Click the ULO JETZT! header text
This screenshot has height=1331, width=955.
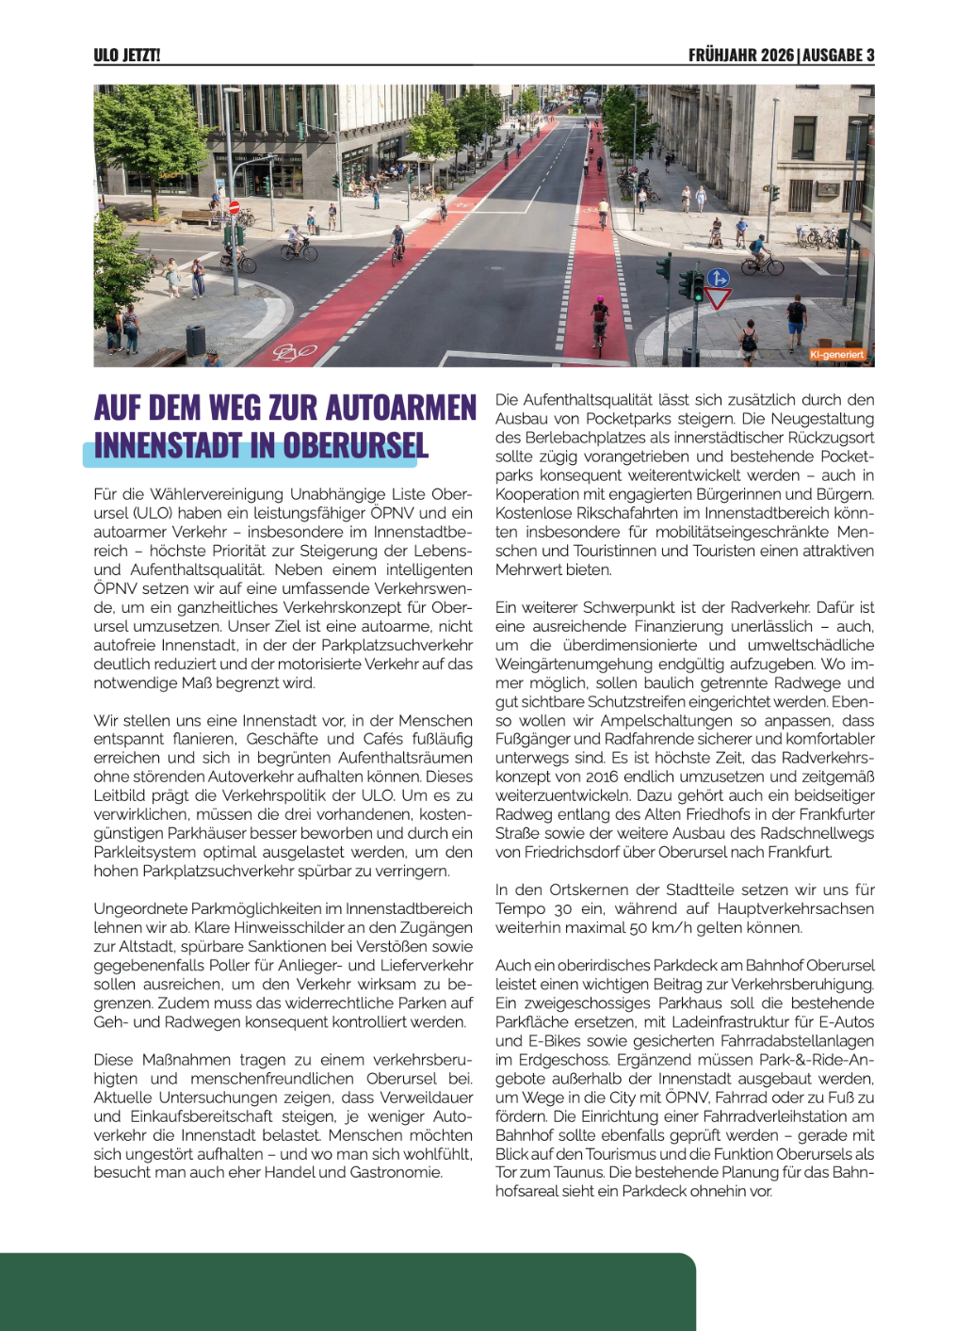click(127, 56)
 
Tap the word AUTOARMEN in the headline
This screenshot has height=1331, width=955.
click(401, 409)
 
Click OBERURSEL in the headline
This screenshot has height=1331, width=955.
click(356, 445)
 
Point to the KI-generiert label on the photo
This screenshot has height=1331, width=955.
click(836, 355)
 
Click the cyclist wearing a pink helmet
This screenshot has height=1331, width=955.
click(599, 318)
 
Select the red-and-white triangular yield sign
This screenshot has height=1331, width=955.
click(719, 299)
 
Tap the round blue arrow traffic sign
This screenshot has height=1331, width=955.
click(719, 278)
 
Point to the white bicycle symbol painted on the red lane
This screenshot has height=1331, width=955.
click(294, 353)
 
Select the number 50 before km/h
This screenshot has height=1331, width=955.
click(638, 927)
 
